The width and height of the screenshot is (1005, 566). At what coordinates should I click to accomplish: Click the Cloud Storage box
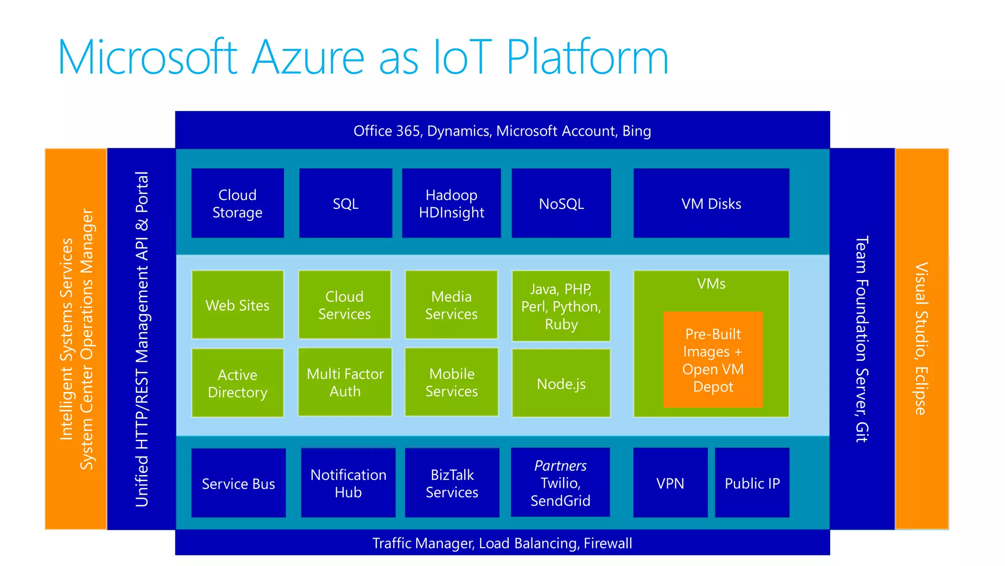pyautogui.click(x=238, y=203)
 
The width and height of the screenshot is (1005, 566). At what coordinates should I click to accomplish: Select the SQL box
pyautogui.click(x=345, y=203)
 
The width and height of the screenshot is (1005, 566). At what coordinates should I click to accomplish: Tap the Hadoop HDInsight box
pyautogui.click(x=451, y=203)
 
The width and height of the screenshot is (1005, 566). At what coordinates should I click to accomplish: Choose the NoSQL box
pyautogui.click(x=561, y=203)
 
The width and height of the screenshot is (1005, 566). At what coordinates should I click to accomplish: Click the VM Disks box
pyautogui.click(x=711, y=203)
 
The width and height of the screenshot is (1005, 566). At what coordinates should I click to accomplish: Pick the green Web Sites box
pyautogui.click(x=238, y=305)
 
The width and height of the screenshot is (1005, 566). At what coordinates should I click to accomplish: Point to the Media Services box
pyautogui.click(x=451, y=305)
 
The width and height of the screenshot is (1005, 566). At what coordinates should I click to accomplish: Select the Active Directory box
pyautogui.click(x=238, y=383)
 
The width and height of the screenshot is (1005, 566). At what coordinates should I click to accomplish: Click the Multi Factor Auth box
pyautogui.click(x=345, y=382)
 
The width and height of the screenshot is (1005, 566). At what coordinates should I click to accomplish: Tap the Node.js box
pyautogui.click(x=561, y=384)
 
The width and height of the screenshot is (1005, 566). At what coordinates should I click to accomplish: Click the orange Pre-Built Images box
pyautogui.click(x=713, y=360)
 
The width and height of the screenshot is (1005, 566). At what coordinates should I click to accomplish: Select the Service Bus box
pyautogui.click(x=238, y=483)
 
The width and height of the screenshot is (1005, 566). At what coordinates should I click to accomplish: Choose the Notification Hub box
pyautogui.click(x=348, y=483)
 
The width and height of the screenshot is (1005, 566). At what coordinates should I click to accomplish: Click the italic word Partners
pyautogui.click(x=560, y=465)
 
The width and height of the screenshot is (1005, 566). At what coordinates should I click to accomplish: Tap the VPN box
pyautogui.click(x=670, y=483)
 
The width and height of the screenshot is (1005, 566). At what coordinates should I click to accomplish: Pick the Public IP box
pyautogui.click(x=752, y=483)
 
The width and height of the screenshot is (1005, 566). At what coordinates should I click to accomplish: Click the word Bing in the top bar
pyautogui.click(x=636, y=131)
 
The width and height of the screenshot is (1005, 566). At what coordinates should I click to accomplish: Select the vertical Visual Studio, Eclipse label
pyautogui.click(x=921, y=339)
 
